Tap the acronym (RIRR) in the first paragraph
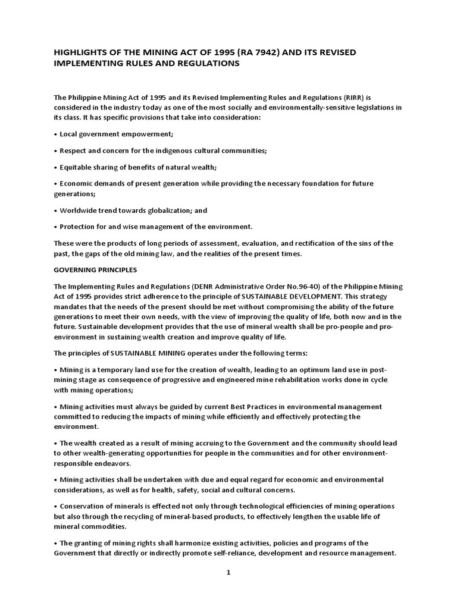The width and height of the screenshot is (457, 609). coord(350,97)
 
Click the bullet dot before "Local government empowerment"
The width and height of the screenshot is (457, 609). coord(55,135)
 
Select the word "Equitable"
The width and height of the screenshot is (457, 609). coord(77,167)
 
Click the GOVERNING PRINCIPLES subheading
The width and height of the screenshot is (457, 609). coord(95,269)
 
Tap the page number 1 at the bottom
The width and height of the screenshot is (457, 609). coord(228,573)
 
